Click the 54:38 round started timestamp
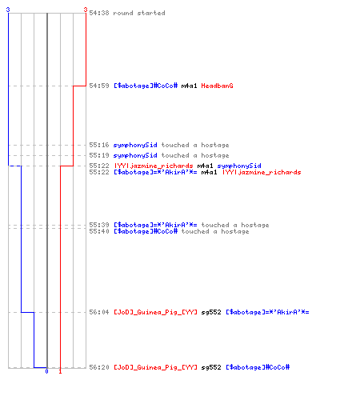[x=99, y=13]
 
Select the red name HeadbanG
[x=217, y=86]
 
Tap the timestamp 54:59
[x=99, y=86]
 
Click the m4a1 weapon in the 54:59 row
[x=189, y=86]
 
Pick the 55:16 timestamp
[x=99, y=145]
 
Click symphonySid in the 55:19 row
[x=135, y=155]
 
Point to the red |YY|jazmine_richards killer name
[x=154, y=166]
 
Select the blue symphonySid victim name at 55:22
[x=239, y=166]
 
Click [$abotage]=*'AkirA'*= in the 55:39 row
[x=155, y=225]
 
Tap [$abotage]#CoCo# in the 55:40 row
[x=146, y=231]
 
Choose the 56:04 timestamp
[x=99, y=312]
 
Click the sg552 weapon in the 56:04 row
[x=211, y=312]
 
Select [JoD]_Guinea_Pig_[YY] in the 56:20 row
[x=156, y=367]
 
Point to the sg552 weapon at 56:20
[x=211, y=367]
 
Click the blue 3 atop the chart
[x=8, y=10]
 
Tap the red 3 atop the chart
[x=86, y=10]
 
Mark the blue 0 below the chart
[x=46, y=371]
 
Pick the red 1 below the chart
[x=60, y=371]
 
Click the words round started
[x=139, y=13]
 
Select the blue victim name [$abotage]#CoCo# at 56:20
[x=258, y=367]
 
